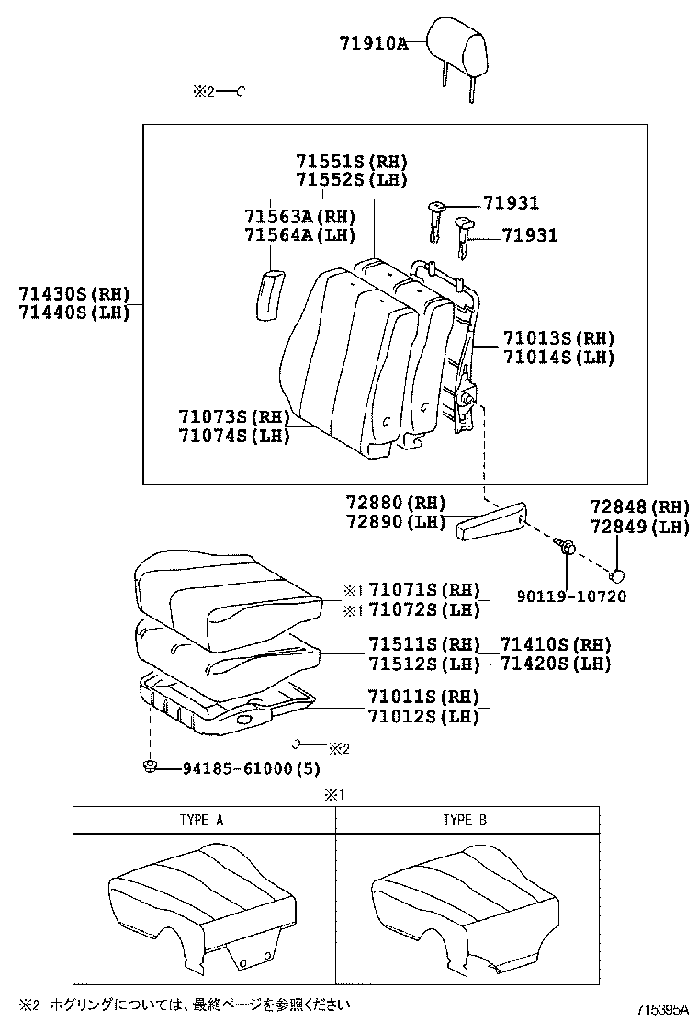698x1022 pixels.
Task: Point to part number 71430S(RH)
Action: [x=73, y=294]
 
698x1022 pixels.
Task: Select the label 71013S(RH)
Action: [x=558, y=338]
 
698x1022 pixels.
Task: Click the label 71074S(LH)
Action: [x=235, y=436]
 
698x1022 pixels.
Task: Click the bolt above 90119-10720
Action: [x=567, y=546]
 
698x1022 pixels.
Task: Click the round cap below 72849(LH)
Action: [x=620, y=575]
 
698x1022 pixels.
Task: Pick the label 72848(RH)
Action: [x=639, y=507]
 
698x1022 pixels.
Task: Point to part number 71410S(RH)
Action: [x=555, y=643]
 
